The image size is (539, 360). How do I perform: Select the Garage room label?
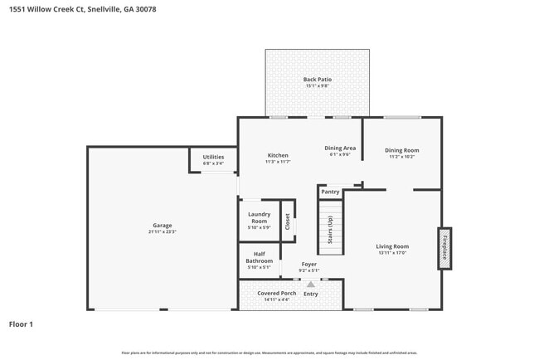[163, 226]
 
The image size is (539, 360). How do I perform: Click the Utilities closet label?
[213, 157]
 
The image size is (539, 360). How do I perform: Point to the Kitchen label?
[277, 155]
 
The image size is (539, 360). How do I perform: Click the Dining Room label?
[402, 150]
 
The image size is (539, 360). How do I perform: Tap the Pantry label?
[330, 192]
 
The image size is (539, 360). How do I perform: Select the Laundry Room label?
[259, 217]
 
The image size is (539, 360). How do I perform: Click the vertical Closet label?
[288, 221]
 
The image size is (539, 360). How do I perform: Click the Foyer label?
[309, 264]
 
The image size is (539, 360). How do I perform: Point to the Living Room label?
[392, 246]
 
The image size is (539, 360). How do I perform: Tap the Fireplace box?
[444, 248]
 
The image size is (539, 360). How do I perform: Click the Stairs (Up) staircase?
[329, 231]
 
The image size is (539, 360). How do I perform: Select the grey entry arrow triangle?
[311, 284]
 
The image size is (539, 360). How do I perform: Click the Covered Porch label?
[276, 293]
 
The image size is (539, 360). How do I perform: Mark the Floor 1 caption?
[21, 324]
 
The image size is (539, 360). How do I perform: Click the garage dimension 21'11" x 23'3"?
[163, 232]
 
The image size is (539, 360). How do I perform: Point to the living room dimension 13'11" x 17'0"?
[392, 253]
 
